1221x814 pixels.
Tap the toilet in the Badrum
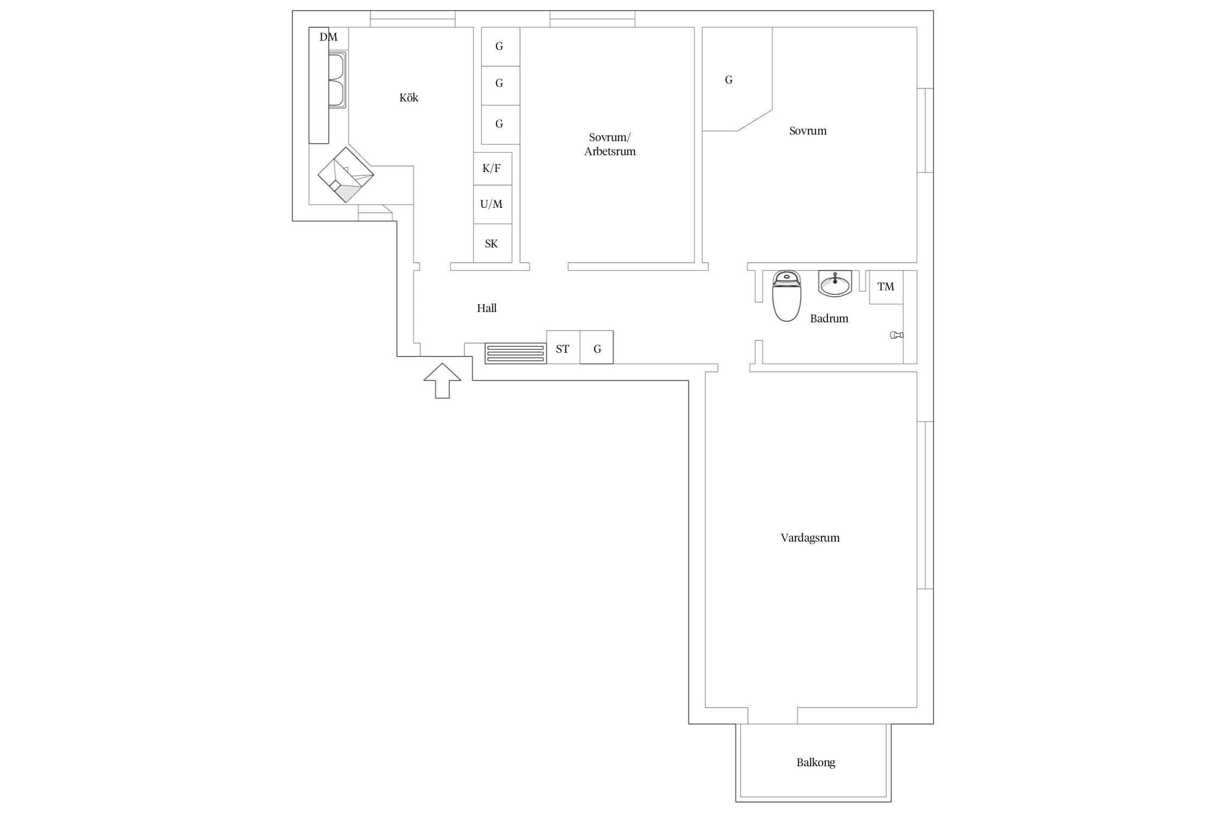pyautogui.click(x=787, y=296)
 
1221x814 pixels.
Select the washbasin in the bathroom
pyautogui.click(x=835, y=283)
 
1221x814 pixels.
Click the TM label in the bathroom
pyautogui.click(x=886, y=287)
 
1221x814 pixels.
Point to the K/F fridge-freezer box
pyautogui.click(x=493, y=169)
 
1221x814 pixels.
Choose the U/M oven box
pyautogui.click(x=493, y=205)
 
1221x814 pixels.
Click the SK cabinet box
pyautogui.click(x=493, y=243)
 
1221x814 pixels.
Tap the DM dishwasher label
pyautogui.click(x=328, y=37)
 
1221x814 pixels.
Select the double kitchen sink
pyautogui.click(x=337, y=80)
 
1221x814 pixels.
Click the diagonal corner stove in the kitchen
pyautogui.click(x=346, y=175)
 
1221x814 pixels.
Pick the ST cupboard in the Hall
pyautogui.click(x=563, y=347)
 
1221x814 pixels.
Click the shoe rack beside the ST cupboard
pyautogui.click(x=516, y=353)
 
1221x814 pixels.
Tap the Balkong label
pyautogui.click(x=816, y=762)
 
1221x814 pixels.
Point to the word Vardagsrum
pyautogui.click(x=810, y=538)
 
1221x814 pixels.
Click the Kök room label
pyautogui.click(x=409, y=98)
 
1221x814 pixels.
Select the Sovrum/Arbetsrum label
pyautogui.click(x=610, y=144)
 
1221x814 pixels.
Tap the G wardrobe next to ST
pyautogui.click(x=597, y=347)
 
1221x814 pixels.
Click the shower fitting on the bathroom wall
pyautogui.click(x=896, y=335)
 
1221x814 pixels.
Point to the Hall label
pyautogui.click(x=487, y=308)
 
